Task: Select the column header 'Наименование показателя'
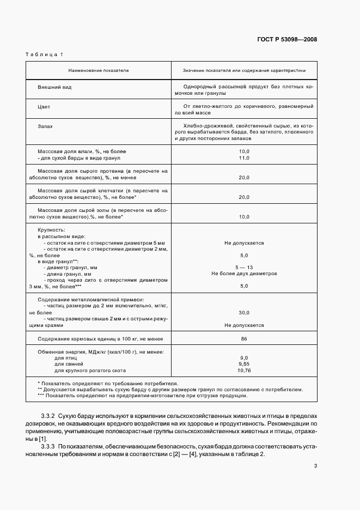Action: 99,71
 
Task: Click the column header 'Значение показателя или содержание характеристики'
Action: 244,71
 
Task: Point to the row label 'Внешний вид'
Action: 54,87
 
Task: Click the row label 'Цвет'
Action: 44,107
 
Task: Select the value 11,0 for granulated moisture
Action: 244,157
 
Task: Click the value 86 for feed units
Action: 244,339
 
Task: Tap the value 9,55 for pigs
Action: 244,363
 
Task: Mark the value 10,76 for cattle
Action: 244,370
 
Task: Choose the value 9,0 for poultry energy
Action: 244,357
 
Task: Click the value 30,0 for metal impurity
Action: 244,313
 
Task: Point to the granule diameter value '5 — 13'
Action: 244,268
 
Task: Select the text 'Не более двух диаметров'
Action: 244,274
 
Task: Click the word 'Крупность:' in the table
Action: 51,230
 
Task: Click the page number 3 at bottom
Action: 315,465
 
